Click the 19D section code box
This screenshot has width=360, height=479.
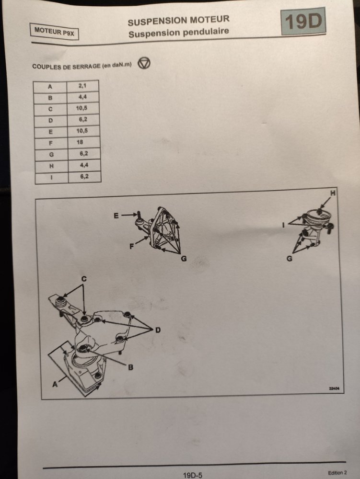click(x=303, y=22)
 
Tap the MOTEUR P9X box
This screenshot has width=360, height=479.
click(x=54, y=31)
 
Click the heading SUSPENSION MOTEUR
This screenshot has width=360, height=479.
click(x=178, y=21)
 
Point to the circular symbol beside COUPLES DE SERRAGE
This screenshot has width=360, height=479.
click(x=144, y=63)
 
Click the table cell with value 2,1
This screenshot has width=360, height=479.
click(x=83, y=86)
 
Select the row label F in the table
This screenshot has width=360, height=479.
click(x=51, y=143)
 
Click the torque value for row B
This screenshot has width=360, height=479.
click(x=83, y=97)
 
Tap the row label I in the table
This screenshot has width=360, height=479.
click(x=52, y=178)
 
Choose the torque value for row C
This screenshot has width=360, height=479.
click(x=82, y=108)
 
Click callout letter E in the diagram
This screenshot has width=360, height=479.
click(x=116, y=216)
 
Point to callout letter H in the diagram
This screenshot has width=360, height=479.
click(x=333, y=193)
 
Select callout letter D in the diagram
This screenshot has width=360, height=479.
click(x=158, y=330)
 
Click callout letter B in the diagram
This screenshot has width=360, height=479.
click(x=130, y=367)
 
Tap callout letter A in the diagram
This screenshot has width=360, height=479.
click(x=55, y=384)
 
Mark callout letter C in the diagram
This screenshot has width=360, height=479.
click(x=84, y=279)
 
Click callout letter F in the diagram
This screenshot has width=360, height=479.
click(x=132, y=246)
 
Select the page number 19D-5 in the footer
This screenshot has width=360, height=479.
click(x=193, y=475)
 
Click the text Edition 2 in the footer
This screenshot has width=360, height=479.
click(x=337, y=473)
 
